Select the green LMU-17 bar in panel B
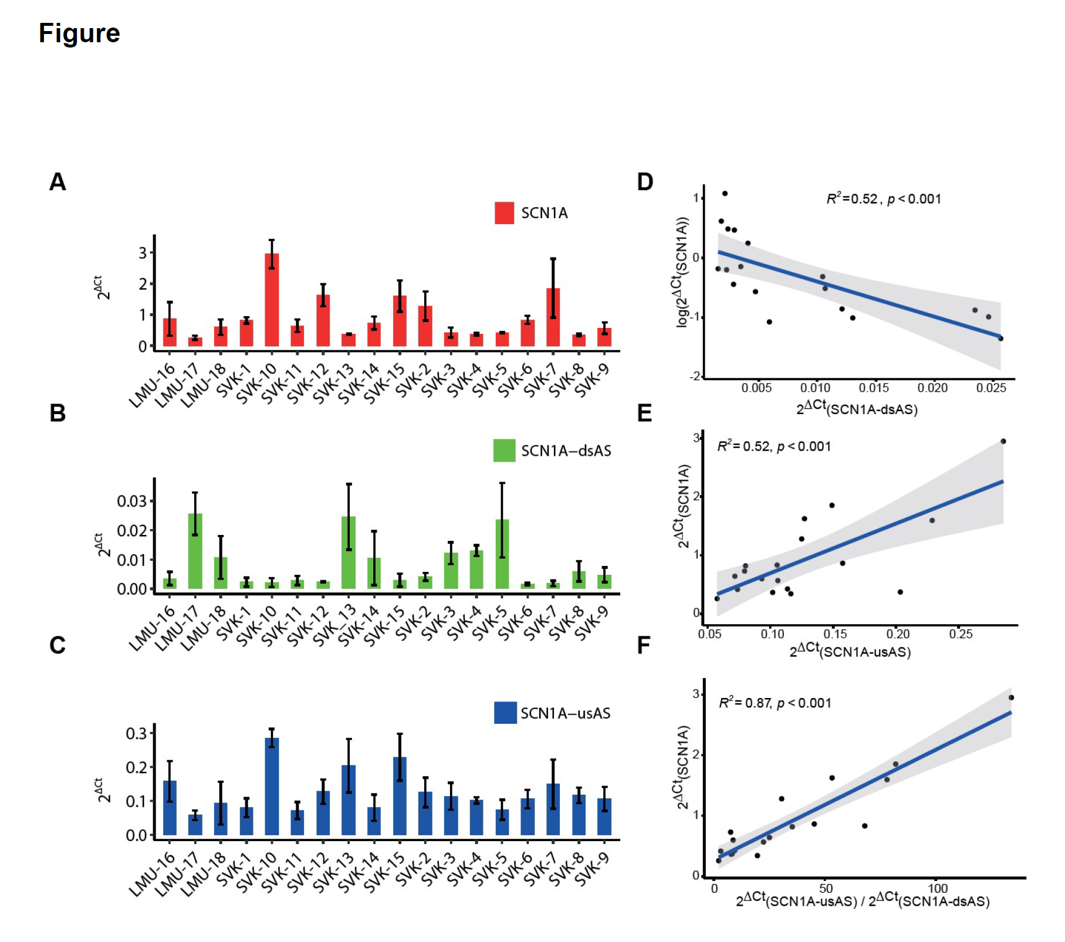point(195,551)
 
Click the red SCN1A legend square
point(504,213)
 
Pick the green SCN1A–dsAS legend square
point(504,450)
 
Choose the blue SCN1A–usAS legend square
point(505,713)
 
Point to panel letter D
point(645,182)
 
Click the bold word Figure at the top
point(79,33)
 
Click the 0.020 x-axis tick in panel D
point(932,388)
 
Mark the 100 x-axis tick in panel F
point(938,889)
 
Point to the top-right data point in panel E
point(1003,441)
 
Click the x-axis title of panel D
point(857,408)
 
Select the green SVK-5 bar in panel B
point(502,554)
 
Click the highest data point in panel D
point(725,194)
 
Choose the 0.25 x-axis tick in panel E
point(961,634)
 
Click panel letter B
point(58,414)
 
